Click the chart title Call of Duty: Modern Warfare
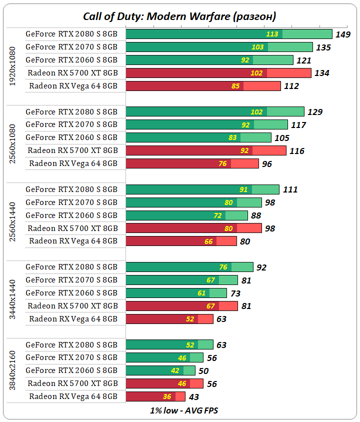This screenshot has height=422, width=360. tap(179, 16)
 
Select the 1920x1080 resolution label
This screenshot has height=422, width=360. tap(13, 66)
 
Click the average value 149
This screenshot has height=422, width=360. tap(343, 34)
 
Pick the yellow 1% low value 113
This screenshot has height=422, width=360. tap(272, 34)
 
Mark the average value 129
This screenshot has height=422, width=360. tap(314, 112)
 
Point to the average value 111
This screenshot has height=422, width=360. tap(290, 189)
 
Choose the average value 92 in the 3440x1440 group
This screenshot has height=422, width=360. tap(261, 267)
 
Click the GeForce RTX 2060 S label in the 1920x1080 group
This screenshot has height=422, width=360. tap(71, 60)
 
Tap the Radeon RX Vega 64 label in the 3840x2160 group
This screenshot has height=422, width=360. tap(73, 396)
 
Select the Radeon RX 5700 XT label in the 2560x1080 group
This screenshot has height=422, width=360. tap(73, 150)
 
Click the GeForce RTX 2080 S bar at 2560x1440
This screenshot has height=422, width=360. tap(202, 189)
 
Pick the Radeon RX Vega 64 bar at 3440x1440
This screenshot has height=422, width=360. tap(169, 319)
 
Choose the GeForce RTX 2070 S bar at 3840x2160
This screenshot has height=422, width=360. tap(164, 357)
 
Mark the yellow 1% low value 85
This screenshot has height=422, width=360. tap(236, 86)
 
